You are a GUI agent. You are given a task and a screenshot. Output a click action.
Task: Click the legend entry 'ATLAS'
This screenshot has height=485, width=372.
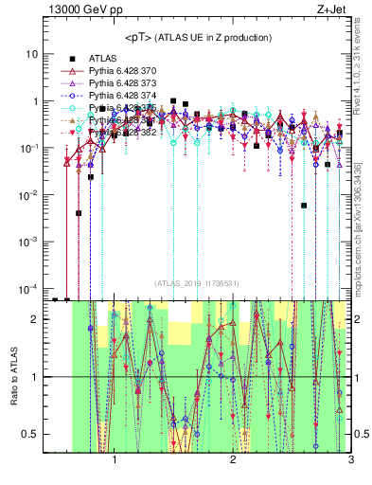[x=105, y=59]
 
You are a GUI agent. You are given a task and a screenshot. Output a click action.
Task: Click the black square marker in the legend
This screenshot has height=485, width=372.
[x=71, y=59]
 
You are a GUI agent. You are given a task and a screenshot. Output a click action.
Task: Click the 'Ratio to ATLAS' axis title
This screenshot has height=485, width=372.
[x=12, y=376]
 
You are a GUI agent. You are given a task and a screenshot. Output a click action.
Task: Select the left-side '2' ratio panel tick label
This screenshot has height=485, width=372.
[x=34, y=319]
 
